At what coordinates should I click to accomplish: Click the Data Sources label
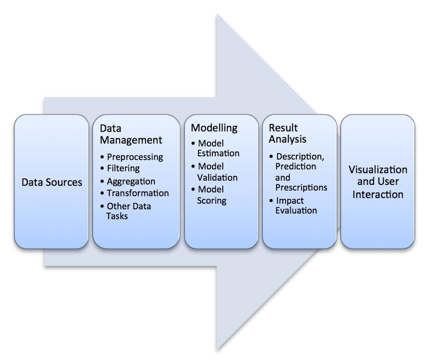51,182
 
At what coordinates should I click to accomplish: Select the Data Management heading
131,134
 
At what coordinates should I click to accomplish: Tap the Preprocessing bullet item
135,157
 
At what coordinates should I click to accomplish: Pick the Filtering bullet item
123,168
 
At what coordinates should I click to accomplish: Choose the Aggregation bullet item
131,181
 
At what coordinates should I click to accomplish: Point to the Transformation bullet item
137,193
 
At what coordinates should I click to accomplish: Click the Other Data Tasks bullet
129,211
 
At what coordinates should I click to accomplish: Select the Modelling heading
214,128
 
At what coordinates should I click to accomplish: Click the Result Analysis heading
287,133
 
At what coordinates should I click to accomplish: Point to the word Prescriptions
301,187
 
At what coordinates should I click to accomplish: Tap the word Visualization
378,170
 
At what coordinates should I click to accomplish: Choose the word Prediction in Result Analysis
296,166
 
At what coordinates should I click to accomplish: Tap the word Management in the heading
131,140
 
